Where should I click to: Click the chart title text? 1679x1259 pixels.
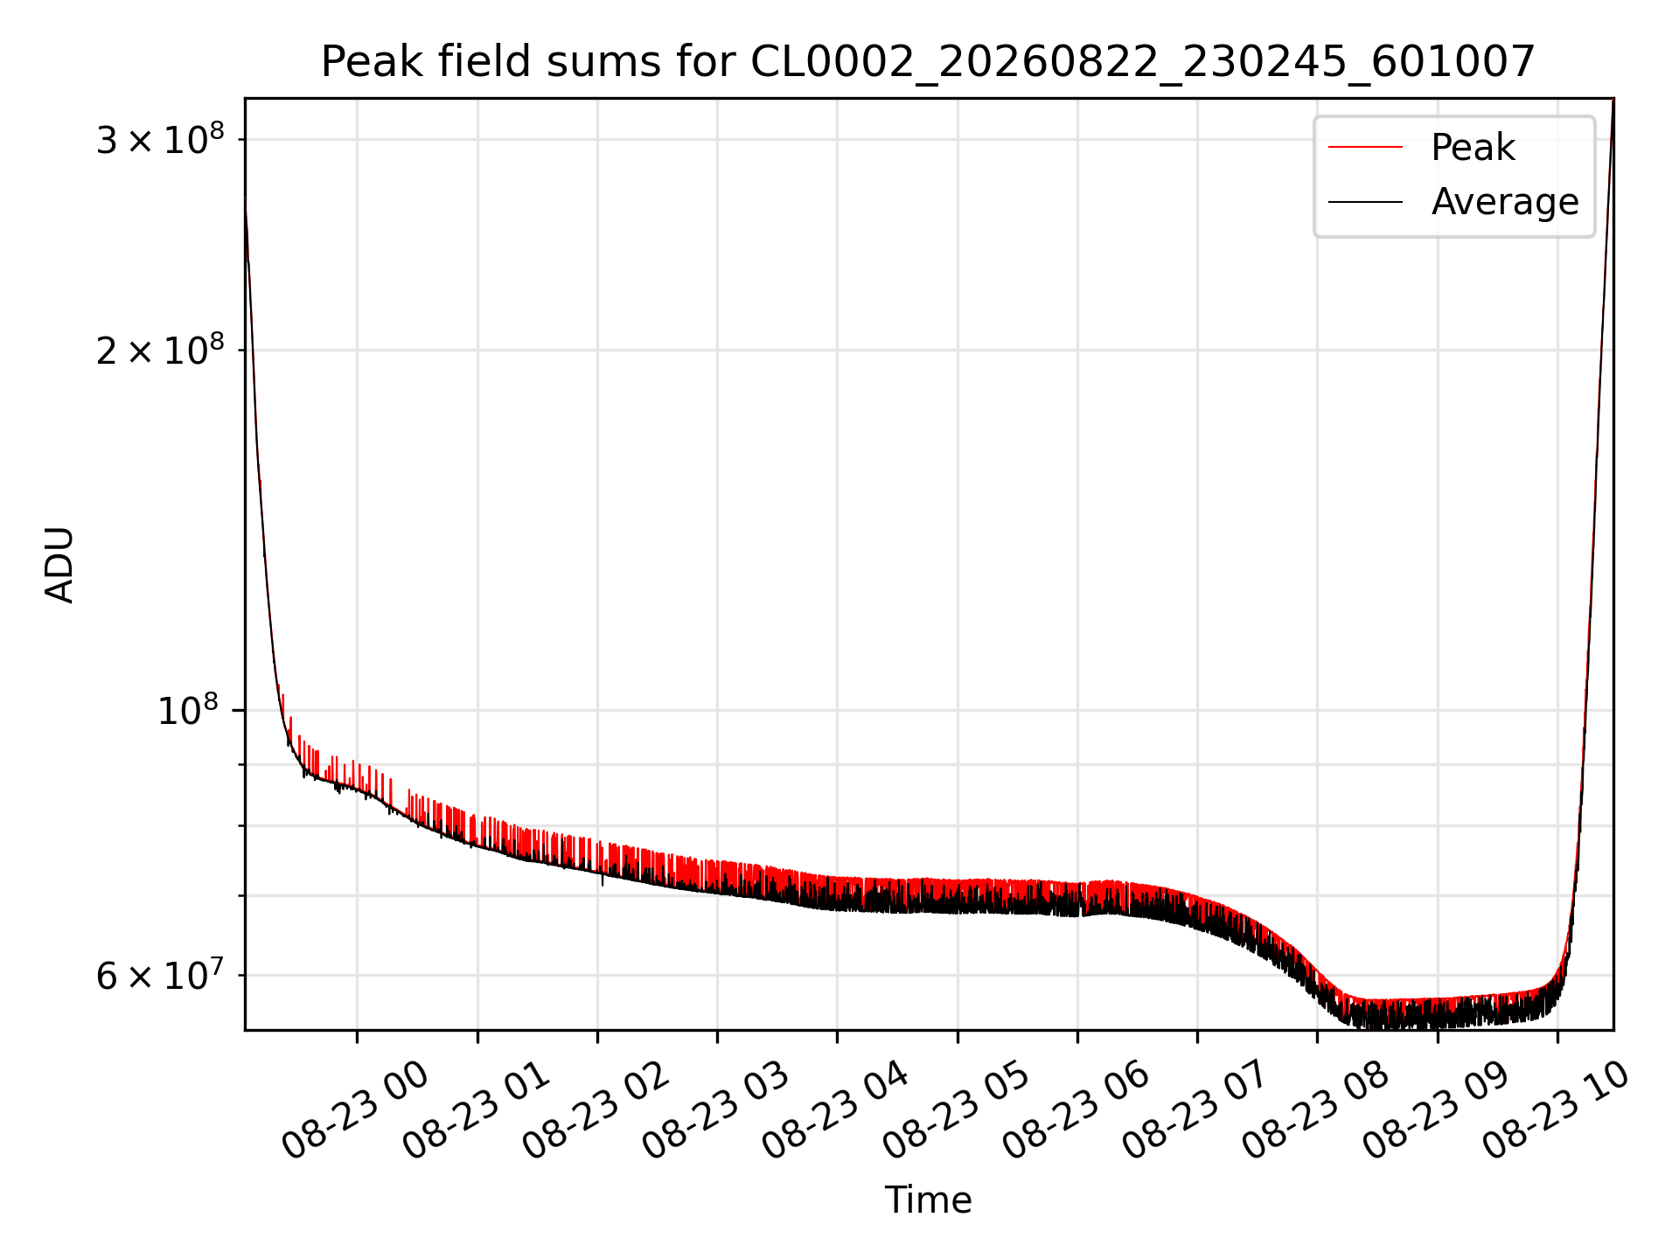pyautogui.click(x=928, y=62)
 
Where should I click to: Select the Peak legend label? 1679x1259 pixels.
pyautogui.click(x=1473, y=148)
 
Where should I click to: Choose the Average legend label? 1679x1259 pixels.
pyautogui.click(x=1505, y=202)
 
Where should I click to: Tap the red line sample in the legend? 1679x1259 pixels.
pyautogui.click(x=1365, y=148)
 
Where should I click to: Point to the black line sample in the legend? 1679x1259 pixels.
pyautogui.click(x=1365, y=202)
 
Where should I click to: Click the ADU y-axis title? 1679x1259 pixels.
pyautogui.click(x=59, y=564)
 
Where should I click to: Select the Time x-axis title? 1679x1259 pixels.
pyautogui.click(x=928, y=1200)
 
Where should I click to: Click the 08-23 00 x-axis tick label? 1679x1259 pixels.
pyautogui.click(x=354, y=1110)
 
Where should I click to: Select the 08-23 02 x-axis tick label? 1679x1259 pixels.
pyautogui.click(x=595, y=1110)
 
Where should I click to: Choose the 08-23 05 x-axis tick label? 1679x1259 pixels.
pyautogui.click(x=955, y=1110)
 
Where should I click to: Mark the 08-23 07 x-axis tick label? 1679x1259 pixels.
pyautogui.click(x=1195, y=1110)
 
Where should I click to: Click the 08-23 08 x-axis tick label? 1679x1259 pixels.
pyautogui.click(x=1314, y=1110)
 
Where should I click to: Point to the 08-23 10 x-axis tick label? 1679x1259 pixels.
pyautogui.click(x=1555, y=1110)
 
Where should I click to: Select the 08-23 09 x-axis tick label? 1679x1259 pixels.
pyautogui.click(x=1435, y=1110)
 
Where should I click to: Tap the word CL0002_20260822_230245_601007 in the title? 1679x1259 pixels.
pyautogui.click(x=1142, y=62)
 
